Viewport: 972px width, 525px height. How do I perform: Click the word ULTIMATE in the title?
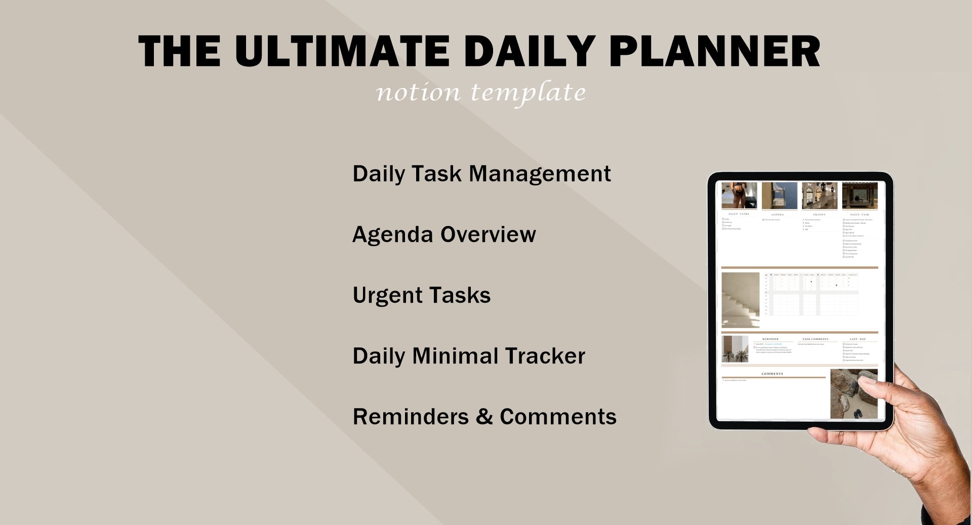point(342,51)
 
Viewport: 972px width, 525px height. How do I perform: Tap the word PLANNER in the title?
point(714,51)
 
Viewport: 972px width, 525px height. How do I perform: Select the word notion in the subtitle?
point(418,92)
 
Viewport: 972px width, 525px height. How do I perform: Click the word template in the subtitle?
point(528,92)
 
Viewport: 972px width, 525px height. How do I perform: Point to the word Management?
point(540,174)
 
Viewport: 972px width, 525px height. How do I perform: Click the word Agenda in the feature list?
point(392,235)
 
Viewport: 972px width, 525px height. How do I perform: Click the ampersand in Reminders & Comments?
point(484,417)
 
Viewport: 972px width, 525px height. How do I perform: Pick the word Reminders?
point(411,417)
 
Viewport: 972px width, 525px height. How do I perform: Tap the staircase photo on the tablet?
point(740,300)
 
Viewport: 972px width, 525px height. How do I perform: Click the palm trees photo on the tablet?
point(735,349)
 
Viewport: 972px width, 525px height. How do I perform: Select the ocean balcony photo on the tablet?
point(779,196)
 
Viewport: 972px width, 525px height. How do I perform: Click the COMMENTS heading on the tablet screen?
point(772,374)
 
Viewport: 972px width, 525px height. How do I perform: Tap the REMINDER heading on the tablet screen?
point(770,339)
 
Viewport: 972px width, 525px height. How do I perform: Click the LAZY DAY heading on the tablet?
point(858,339)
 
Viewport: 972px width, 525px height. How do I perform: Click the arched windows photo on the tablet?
point(819,196)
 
